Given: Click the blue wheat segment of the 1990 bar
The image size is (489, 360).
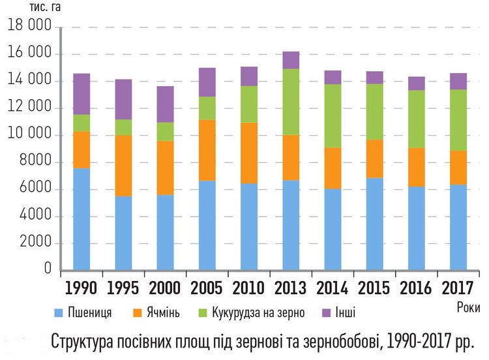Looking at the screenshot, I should pos(81,219).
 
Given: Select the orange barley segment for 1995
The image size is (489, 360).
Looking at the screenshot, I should pos(123,166).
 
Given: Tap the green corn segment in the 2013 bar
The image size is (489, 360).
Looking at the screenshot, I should pos(291,102).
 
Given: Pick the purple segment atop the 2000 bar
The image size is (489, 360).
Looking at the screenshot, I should pos(165,104).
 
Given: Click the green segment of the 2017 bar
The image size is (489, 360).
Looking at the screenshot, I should pos(458,120).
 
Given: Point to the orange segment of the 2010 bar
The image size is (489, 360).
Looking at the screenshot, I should pos(249,153).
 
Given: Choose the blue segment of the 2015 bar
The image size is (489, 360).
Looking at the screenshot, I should pos(374,224).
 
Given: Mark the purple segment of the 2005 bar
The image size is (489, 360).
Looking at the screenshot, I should pos(207,82).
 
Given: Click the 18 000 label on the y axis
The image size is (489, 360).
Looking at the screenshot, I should pos(29,27).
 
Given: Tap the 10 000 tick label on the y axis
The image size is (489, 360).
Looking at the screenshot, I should pos(29,136).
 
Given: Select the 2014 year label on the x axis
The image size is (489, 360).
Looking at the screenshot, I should pos(332,287).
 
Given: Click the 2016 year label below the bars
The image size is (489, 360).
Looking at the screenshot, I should pos(416,287).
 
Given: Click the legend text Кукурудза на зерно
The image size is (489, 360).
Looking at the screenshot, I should pos(258,312).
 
